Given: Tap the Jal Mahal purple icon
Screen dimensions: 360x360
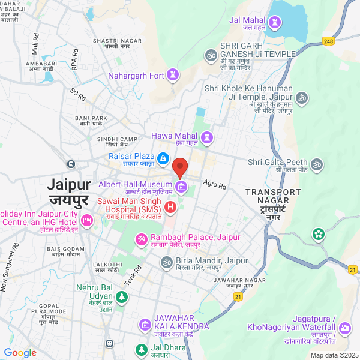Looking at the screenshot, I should click(x=275, y=20).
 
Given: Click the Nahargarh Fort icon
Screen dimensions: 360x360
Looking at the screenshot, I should click(x=173, y=76).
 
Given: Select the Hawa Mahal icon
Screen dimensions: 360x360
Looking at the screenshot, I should click(x=207, y=137).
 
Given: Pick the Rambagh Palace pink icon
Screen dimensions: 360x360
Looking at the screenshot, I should click(x=142, y=239).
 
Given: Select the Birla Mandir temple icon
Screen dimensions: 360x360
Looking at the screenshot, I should click(x=166, y=262).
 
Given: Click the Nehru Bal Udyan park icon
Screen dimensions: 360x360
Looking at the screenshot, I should click(x=122, y=296).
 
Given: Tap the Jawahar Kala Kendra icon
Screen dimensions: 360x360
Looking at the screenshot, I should click(x=145, y=325).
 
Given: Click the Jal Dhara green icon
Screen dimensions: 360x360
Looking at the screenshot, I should click(x=141, y=349).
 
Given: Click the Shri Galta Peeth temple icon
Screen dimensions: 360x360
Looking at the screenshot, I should click(x=317, y=163).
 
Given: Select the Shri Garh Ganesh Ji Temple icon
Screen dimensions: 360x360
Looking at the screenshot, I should click(x=211, y=55).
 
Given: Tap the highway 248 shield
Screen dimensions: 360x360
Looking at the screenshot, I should click(x=328, y=41).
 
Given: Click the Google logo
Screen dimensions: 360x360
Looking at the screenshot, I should click(x=20, y=353).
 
